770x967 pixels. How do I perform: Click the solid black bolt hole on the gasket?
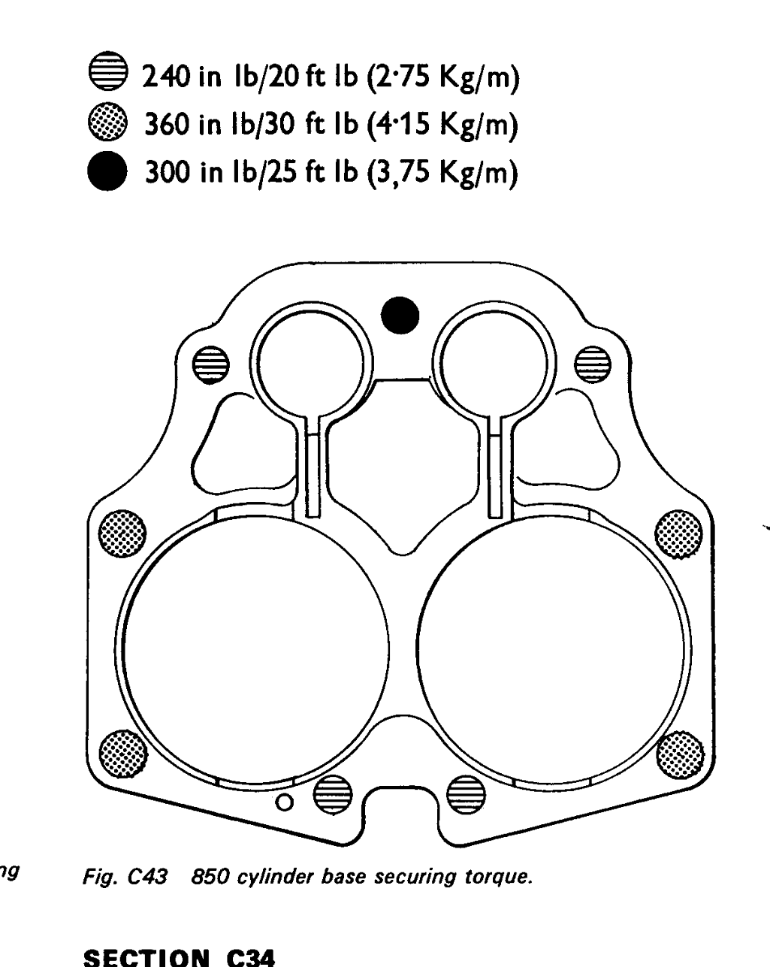pyautogui.click(x=400, y=316)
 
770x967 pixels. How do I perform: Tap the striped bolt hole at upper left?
pyautogui.click(x=210, y=365)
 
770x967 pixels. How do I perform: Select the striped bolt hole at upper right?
pyautogui.click(x=593, y=364)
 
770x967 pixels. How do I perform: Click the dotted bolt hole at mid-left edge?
pyautogui.click(x=122, y=533)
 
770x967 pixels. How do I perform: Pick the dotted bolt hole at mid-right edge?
pyautogui.click(x=678, y=533)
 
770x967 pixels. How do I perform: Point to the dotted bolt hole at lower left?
pyautogui.click(x=123, y=754)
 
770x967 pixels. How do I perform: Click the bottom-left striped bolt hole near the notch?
pyautogui.click(x=333, y=795)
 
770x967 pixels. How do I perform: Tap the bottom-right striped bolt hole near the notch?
pyautogui.click(x=467, y=795)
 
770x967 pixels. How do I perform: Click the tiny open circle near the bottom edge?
pyautogui.click(x=284, y=802)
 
